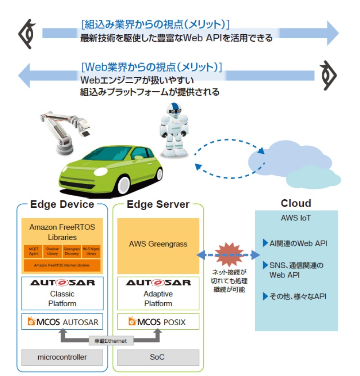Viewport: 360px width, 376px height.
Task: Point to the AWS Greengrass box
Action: (158, 246)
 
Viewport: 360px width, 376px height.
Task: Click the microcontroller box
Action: (62, 357)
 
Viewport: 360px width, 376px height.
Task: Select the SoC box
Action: (158, 357)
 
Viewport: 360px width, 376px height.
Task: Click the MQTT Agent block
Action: (33, 251)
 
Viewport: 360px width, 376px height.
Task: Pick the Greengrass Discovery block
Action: (72, 251)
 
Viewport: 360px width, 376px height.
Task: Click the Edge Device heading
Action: (62, 205)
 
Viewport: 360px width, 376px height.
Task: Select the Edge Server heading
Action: (158, 205)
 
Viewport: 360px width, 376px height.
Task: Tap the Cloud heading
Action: (296, 203)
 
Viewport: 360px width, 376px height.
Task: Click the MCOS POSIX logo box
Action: (158, 322)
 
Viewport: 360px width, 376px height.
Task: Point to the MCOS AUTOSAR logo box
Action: (62, 322)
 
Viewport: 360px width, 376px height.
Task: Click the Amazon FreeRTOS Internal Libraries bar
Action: (62, 265)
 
